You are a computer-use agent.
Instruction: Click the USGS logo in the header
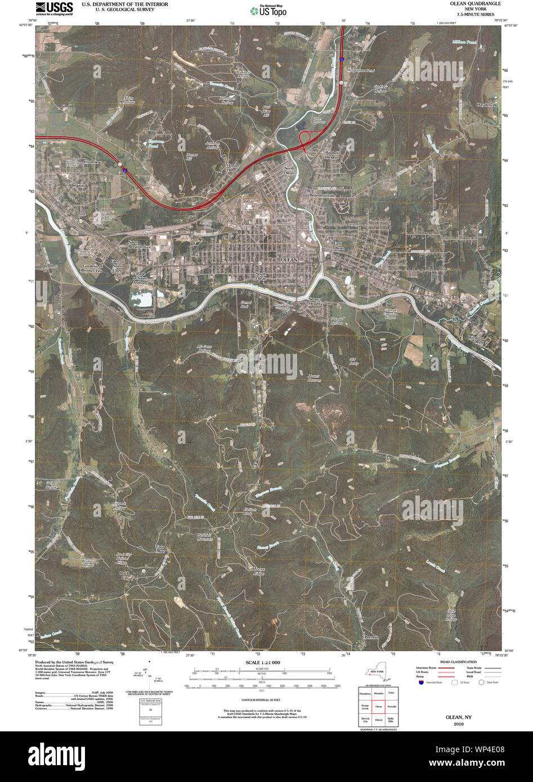54,8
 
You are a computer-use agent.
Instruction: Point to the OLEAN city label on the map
288,259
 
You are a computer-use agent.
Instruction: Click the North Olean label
289,171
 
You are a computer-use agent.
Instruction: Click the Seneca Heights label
315,301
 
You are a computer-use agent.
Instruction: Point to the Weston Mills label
476,340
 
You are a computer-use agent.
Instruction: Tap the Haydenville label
487,105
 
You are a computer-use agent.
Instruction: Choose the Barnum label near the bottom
371,637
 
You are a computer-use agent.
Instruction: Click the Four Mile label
161,549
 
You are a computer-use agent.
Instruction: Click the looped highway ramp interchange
307,138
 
